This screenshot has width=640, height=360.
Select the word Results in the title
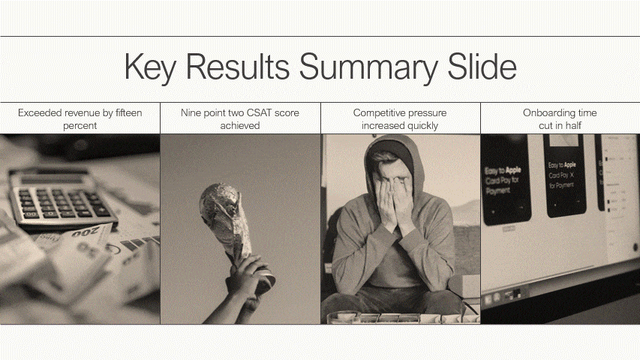(x=238, y=67)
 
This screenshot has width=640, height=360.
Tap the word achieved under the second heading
(x=240, y=125)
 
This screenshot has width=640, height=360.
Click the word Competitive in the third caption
(x=379, y=112)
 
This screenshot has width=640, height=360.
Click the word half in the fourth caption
(x=572, y=125)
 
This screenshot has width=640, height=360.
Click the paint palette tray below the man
(x=398, y=317)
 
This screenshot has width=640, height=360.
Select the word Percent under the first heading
(x=80, y=125)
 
